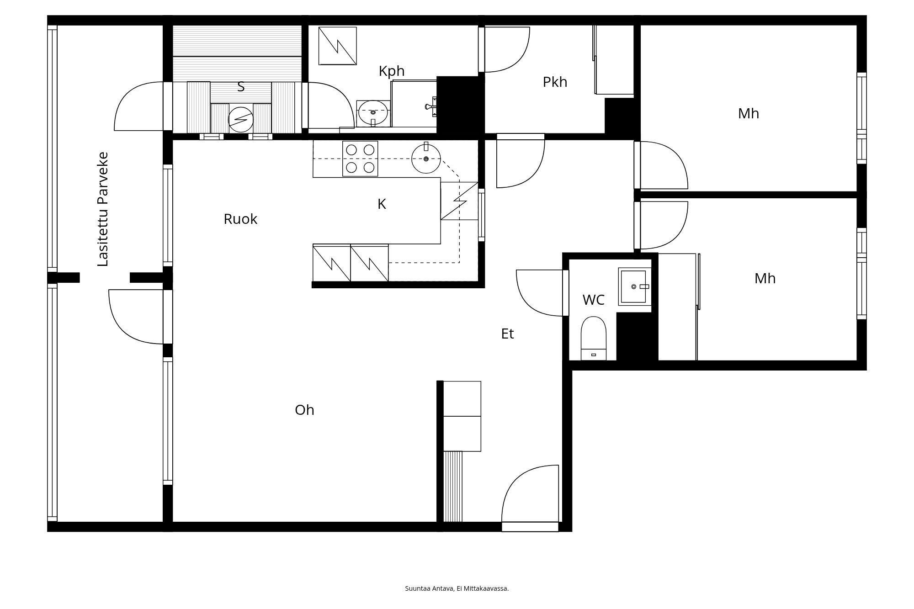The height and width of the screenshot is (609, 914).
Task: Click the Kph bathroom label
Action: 392,71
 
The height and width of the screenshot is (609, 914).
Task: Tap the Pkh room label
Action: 555,82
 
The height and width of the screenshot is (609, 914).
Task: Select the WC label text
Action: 593,300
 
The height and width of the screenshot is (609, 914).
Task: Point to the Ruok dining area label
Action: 240,219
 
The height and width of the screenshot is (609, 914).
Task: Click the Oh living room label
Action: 304,410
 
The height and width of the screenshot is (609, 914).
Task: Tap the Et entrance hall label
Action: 507,334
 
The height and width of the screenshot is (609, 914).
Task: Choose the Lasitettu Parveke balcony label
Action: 103,209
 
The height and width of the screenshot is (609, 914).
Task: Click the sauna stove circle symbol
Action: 241,120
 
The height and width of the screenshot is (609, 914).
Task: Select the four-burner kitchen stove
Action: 360,159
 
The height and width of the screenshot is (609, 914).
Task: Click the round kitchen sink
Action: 426,159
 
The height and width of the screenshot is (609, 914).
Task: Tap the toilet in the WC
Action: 594,338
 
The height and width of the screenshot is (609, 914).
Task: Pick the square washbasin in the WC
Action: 635,286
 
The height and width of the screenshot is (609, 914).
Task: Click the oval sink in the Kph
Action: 373,112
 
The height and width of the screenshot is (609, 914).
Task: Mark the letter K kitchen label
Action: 382,204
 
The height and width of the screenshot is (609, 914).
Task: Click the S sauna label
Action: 241,86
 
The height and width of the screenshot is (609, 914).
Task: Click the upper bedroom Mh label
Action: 749,114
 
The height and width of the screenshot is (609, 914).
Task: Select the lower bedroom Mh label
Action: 765,279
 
